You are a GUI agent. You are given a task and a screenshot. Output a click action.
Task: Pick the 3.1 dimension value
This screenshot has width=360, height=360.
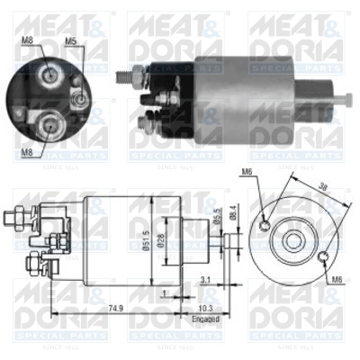[x=207, y=278]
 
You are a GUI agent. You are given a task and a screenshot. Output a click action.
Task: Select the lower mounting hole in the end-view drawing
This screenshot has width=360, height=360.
[x=321, y=257]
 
